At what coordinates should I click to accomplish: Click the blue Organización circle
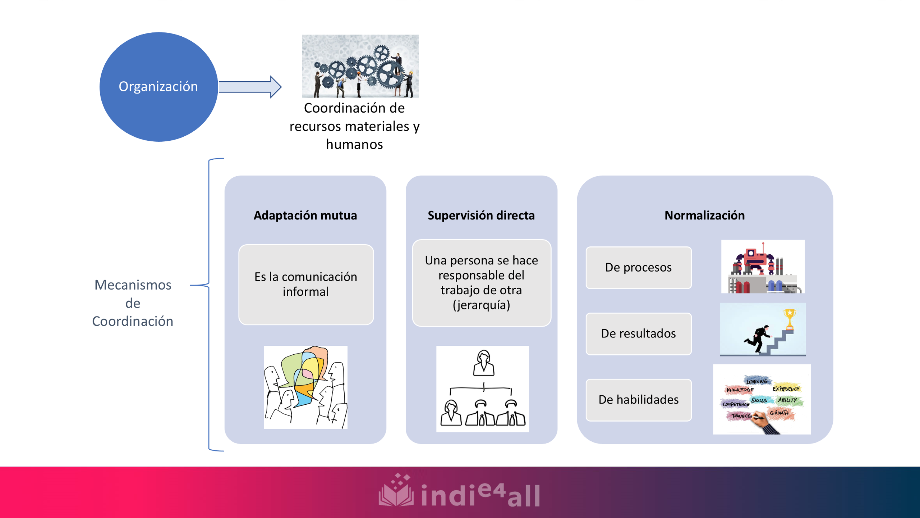(x=158, y=86)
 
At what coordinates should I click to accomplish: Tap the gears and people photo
(x=360, y=66)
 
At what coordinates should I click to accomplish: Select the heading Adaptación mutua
(x=305, y=215)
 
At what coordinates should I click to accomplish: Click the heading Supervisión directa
(x=481, y=215)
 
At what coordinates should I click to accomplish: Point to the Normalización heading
(x=704, y=215)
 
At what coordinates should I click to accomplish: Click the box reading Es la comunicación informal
(x=306, y=284)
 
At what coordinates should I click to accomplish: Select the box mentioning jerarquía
(x=481, y=283)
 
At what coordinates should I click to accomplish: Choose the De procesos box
(x=638, y=267)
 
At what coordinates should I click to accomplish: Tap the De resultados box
(x=638, y=333)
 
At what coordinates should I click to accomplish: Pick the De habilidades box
(x=638, y=400)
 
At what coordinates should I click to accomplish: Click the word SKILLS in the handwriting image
(x=759, y=400)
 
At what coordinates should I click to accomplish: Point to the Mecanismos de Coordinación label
(x=133, y=303)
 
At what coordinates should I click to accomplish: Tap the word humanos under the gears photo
(x=354, y=145)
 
